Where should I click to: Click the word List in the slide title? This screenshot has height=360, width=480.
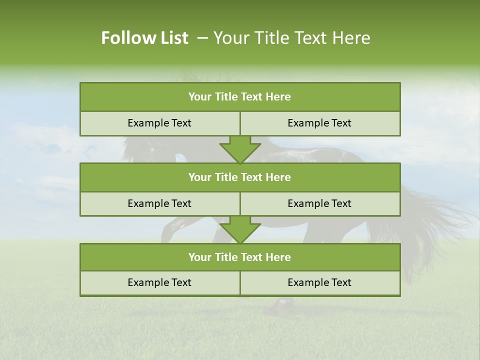[x=171, y=38]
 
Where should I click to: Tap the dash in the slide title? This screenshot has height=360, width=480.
[x=202, y=38]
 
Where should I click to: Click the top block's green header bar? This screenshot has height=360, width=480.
[x=240, y=97]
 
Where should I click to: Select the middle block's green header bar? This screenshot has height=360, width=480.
[x=240, y=177]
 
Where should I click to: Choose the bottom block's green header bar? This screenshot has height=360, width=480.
[x=240, y=257]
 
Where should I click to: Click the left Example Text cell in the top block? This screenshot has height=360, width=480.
[x=159, y=123]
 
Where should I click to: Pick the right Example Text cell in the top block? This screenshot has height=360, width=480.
[x=319, y=123]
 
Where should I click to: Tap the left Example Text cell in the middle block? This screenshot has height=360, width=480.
[x=159, y=203]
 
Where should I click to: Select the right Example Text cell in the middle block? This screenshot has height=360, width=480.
[x=319, y=203]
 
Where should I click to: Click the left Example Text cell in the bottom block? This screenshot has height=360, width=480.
[x=159, y=282]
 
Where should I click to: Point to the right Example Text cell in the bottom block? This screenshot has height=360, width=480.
[x=319, y=282]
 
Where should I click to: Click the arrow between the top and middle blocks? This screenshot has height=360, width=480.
[x=240, y=149]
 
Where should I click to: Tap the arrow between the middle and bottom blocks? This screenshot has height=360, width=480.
[x=240, y=229]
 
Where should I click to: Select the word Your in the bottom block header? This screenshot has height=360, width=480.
[x=199, y=257]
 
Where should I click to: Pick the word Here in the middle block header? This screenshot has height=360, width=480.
[x=278, y=177]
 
